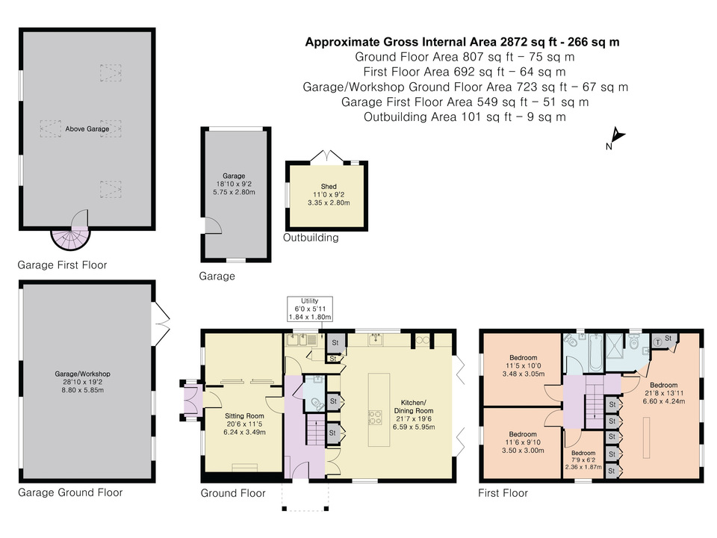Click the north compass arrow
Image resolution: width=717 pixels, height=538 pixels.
pos(615,137)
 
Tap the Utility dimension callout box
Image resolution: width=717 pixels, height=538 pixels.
pos(309,309)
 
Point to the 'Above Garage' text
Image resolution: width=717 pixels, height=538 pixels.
pos(87,129)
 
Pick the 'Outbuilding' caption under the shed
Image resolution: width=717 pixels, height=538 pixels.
pos(311,238)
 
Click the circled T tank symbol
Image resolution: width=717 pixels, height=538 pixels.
pos(657,340)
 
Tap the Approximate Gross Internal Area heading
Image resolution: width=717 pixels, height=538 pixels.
pos(462,43)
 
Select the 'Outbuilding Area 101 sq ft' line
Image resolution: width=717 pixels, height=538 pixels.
pos(465,117)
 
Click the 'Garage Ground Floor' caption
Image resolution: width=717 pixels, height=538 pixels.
pos(70,492)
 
